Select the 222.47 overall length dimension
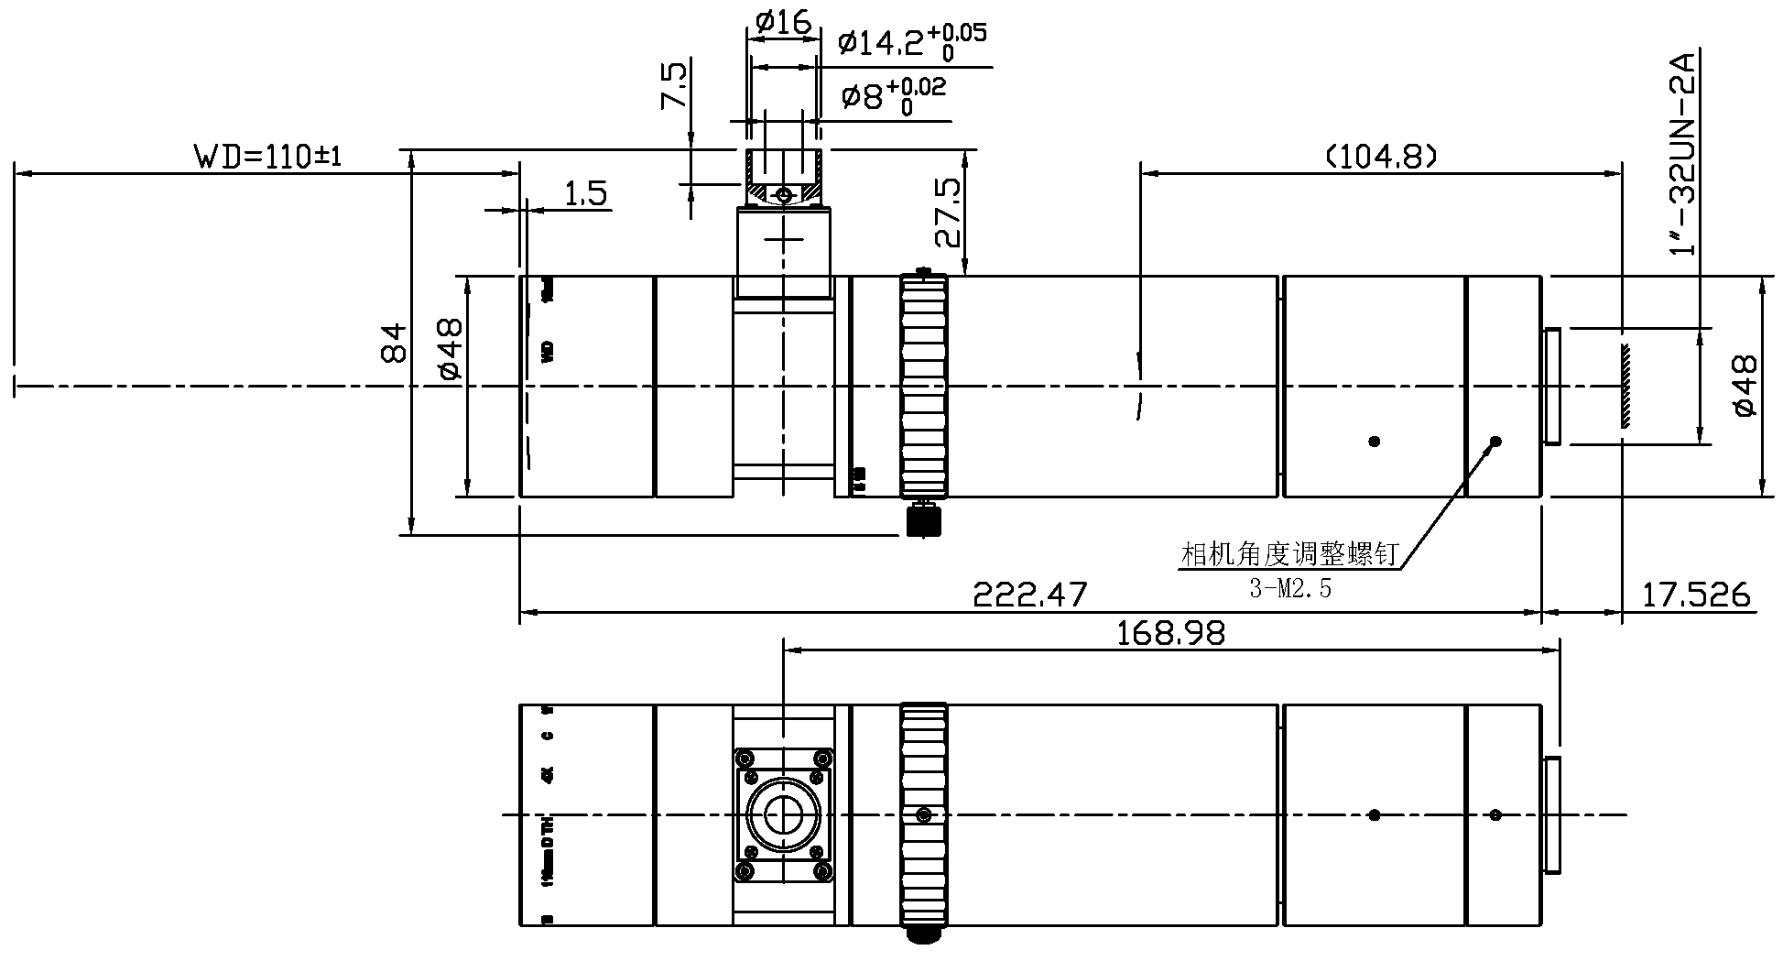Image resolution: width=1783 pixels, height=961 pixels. click(1029, 595)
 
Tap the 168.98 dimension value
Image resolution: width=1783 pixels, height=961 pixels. click(1170, 633)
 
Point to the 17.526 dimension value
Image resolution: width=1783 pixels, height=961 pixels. click(1695, 595)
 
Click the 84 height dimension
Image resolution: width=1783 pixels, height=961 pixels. click(395, 342)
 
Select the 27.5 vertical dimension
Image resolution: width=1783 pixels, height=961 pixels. click(949, 213)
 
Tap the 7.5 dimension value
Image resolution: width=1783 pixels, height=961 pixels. click(673, 86)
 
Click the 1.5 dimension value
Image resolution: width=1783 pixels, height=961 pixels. click(585, 194)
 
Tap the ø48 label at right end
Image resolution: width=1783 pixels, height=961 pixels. click(1745, 386)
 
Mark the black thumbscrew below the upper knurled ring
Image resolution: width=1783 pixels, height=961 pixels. click(923, 519)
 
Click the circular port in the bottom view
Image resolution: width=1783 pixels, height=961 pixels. click(784, 814)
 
